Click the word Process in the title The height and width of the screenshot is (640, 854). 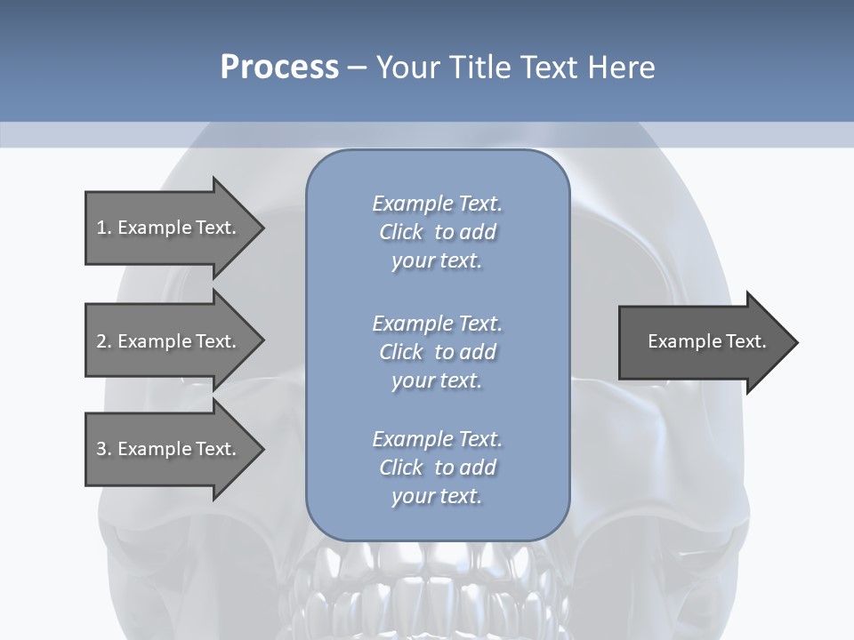(279, 68)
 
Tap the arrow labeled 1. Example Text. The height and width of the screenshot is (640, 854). (165, 228)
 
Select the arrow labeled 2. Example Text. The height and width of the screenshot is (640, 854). (165, 341)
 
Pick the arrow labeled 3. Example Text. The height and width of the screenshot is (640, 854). (165, 449)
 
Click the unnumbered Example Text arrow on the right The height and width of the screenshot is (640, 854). (706, 341)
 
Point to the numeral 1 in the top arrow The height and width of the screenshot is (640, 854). (101, 228)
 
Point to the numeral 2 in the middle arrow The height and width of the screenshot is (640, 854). (101, 341)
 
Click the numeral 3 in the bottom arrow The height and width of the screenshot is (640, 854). (101, 449)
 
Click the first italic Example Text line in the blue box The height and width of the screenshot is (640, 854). (437, 204)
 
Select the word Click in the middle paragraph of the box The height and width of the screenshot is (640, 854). (401, 352)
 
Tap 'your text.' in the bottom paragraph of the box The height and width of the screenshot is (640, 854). (437, 496)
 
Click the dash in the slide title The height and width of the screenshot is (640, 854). (357, 68)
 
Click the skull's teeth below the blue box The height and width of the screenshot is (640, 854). (436, 587)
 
